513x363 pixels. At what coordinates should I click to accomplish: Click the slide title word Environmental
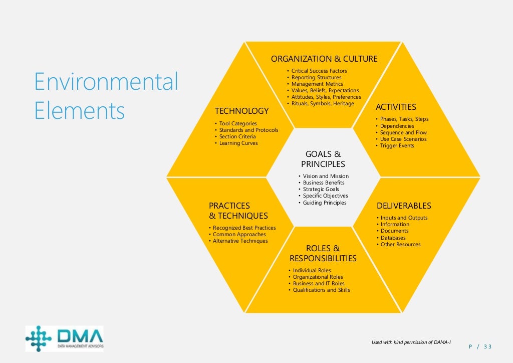pyautogui.click(x=106, y=82)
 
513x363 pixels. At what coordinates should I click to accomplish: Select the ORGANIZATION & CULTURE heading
pyautogui.click(x=324, y=59)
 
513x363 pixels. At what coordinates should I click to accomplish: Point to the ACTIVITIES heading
pyautogui.click(x=396, y=107)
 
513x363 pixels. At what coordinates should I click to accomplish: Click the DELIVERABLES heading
pyautogui.click(x=404, y=206)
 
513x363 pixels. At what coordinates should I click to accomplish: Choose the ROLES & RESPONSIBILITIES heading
pyautogui.click(x=323, y=254)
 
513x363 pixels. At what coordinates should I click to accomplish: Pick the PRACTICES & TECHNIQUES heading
pyautogui.click(x=238, y=211)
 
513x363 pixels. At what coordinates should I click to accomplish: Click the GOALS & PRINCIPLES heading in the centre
pyautogui.click(x=323, y=159)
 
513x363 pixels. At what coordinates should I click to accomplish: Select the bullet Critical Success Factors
pyautogui.click(x=319, y=71)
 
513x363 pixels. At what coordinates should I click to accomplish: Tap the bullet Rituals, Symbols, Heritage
pyautogui.click(x=323, y=104)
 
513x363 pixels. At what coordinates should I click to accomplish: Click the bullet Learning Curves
pyautogui.click(x=238, y=143)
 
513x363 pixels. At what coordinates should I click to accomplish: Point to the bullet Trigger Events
pyautogui.click(x=397, y=146)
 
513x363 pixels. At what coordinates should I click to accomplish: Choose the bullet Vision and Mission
pyautogui.click(x=326, y=176)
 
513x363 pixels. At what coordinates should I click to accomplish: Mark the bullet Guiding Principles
pyautogui.click(x=325, y=203)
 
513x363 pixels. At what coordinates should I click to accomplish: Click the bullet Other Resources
pyautogui.click(x=400, y=245)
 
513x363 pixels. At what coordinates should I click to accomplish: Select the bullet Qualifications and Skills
pyautogui.click(x=321, y=290)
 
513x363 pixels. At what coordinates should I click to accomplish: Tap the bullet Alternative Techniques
pyautogui.click(x=240, y=241)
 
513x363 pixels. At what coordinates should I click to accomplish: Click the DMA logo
pyautogui.click(x=65, y=338)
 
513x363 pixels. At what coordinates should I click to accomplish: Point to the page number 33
pyautogui.click(x=487, y=346)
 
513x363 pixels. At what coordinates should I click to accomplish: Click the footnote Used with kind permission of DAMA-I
pyautogui.click(x=411, y=342)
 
